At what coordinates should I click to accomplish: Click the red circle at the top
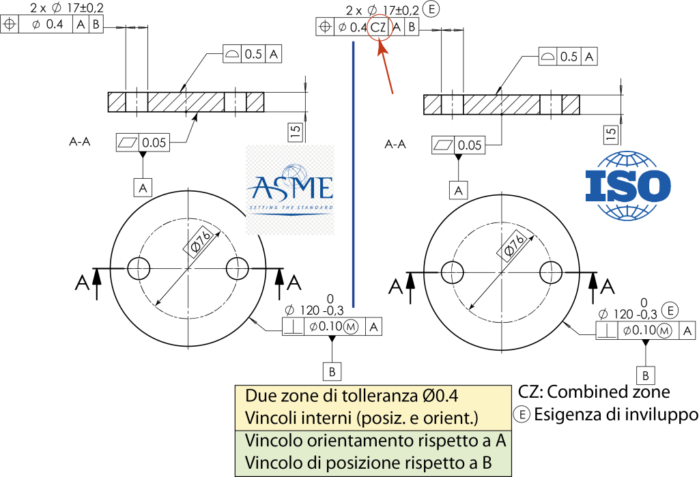click(380, 27)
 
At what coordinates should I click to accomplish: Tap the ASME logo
click(290, 190)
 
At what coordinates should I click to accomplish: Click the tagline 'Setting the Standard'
click(290, 207)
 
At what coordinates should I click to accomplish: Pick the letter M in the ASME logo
click(300, 187)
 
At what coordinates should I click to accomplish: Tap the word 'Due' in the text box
click(259, 396)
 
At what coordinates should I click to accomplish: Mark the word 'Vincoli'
click(267, 418)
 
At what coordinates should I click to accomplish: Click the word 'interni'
click(317, 418)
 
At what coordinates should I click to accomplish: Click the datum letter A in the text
click(500, 441)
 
